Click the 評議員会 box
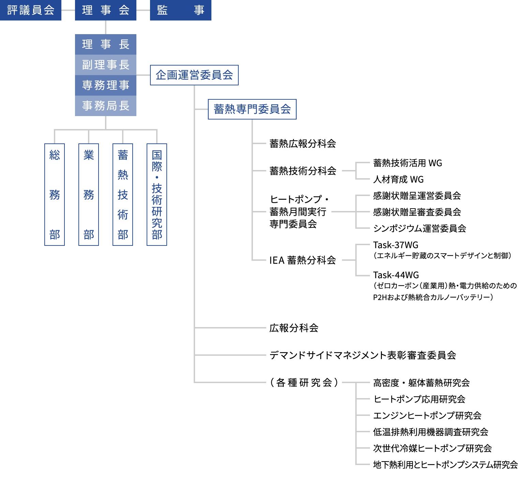click(x=31, y=10)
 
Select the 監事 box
click(x=180, y=10)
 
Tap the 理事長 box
click(x=106, y=44)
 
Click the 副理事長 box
click(x=106, y=65)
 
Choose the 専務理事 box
click(x=106, y=85)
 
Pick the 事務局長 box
click(x=106, y=106)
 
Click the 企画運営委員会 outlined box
click(x=194, y=75)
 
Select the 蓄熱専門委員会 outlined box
click(x=252, y=109)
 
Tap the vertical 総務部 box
click(x=55, y=195)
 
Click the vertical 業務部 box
click(x=89, y=195)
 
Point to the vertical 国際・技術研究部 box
click(x=157, y=195)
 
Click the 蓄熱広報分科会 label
click(x=303, y=144)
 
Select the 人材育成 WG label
click(x=398, y=180)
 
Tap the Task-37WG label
click(x=396, y=245)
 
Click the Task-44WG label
click(x=396, y=275)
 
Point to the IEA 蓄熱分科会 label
click(x=303, y=261)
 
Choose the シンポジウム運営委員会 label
click(x=419, y=228)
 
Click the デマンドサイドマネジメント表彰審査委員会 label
click(x=363, y=355)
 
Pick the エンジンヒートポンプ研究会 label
click(x=427, y=416)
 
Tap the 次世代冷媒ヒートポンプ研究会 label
click(x=432, y=448)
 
